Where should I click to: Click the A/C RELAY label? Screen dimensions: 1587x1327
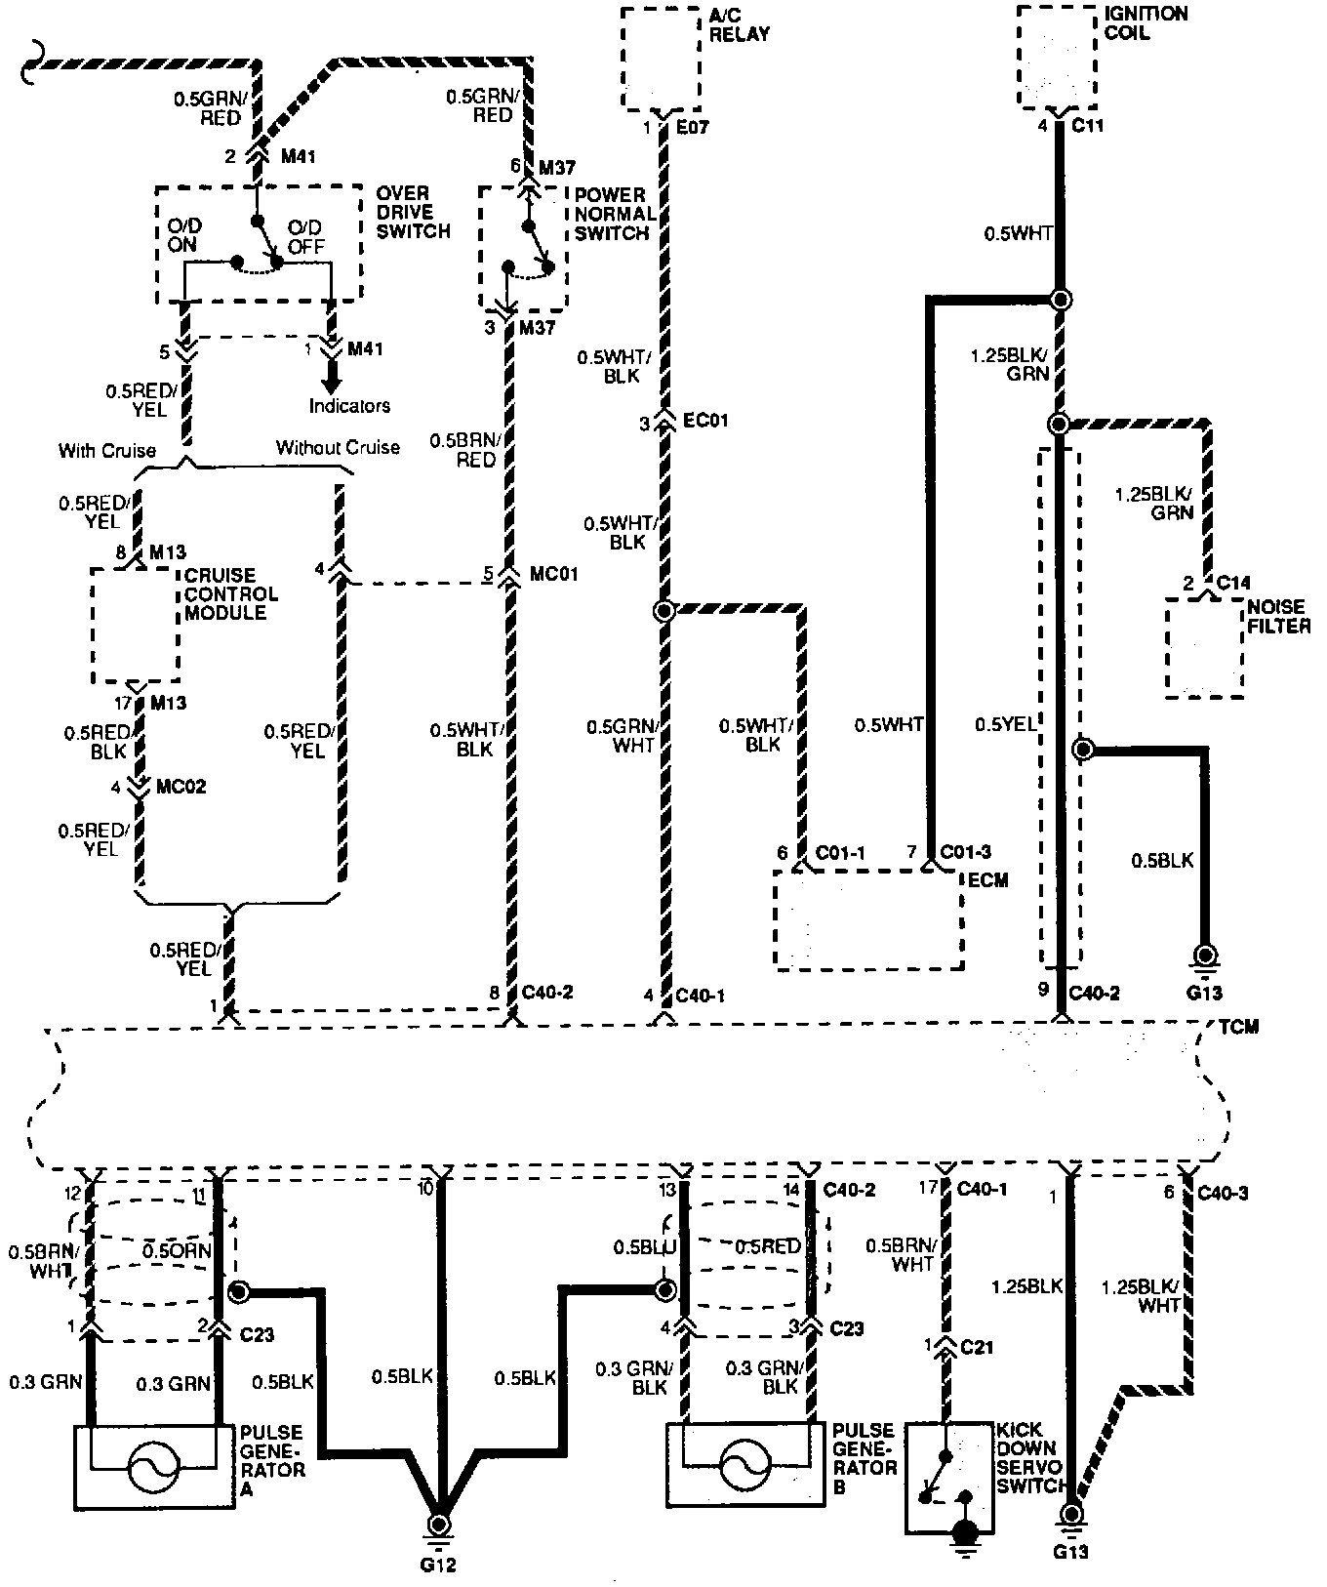click(739, 24)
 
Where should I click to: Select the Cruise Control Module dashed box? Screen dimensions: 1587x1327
click(136, 625)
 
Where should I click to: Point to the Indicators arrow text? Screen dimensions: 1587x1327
click(349, 405)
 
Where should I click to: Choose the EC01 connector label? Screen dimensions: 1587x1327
click(704, 422)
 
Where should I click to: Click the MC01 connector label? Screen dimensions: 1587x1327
click(553, 574)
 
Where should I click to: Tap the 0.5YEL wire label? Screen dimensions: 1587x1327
click(1006, 724)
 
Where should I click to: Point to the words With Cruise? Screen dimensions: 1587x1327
click(107, 450)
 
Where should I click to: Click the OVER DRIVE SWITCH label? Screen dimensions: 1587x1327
click(413, 212)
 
